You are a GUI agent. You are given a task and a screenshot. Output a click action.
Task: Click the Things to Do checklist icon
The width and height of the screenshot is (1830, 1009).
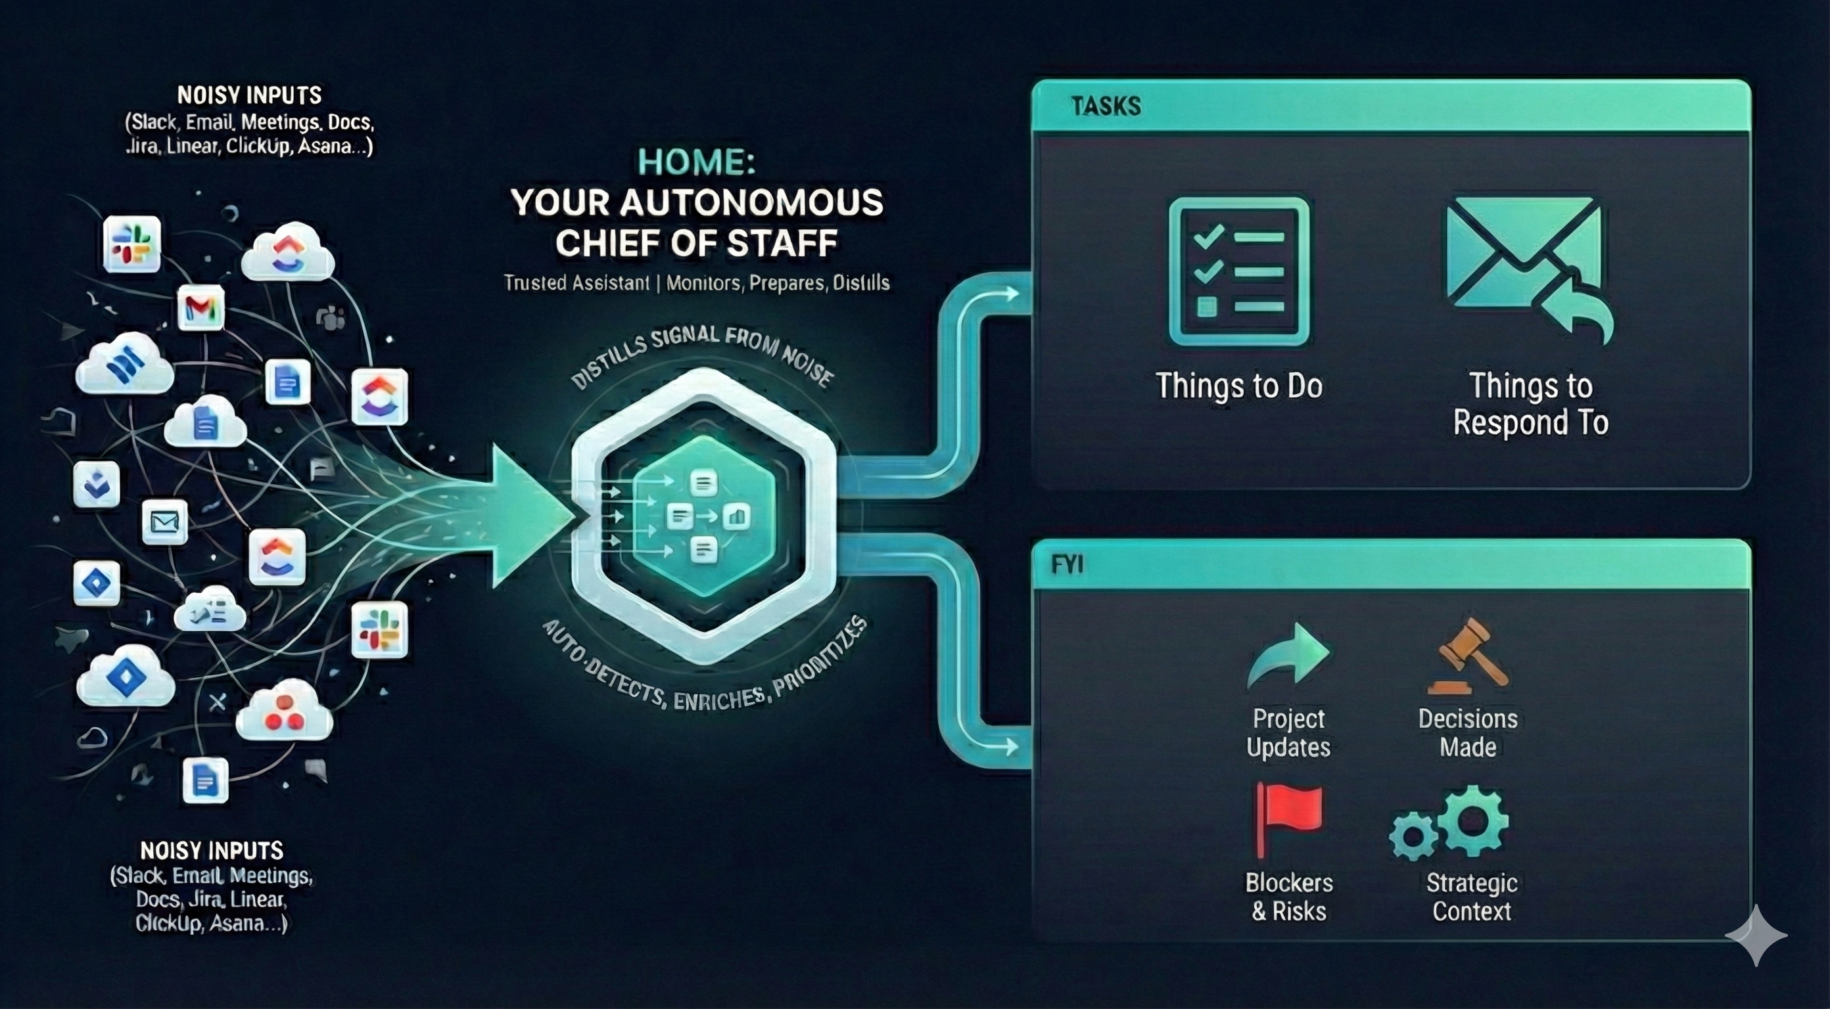[x=1238, y=272]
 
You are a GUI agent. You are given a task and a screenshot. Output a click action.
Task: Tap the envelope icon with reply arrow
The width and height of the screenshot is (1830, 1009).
[x=1528, y=266]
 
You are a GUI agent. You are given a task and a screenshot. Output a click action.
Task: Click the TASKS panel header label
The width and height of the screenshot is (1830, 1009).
[x=1106, y=106]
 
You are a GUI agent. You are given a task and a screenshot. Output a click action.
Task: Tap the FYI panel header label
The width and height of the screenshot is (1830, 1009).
[x=1067, y=564]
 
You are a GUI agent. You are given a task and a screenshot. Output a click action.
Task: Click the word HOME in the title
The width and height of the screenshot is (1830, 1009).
[x=695, y=162]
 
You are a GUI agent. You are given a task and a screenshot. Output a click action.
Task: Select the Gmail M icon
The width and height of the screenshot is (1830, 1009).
[x=201, y=308]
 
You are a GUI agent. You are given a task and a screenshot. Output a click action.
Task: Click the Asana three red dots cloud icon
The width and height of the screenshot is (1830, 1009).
[x=284, y=711]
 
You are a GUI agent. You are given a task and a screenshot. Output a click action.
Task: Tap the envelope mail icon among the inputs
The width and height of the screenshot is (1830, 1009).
[x=165, y=523]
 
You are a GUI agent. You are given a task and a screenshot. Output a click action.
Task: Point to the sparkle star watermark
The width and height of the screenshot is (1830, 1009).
[x=1756, y=935]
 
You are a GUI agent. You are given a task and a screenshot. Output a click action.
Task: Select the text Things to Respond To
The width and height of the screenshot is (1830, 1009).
[x=1530, y=403]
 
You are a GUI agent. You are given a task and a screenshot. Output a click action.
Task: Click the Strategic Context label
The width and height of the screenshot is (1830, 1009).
[x=1471, y=896]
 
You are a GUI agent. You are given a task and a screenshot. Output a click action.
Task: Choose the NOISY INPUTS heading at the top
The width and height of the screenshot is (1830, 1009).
[x=249, y=95]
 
